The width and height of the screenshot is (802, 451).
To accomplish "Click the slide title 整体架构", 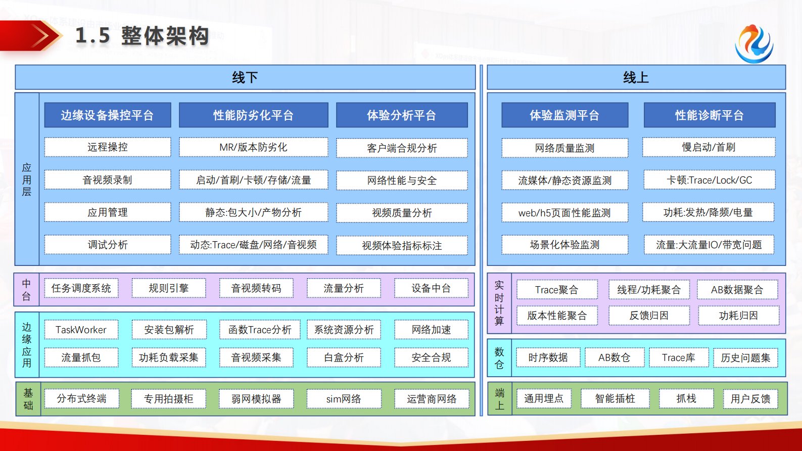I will click(142, 36).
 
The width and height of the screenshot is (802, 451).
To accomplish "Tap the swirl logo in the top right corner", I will click(753, 44).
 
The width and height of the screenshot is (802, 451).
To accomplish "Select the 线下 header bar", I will click(245, 77).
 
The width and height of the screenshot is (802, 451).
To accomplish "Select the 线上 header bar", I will click(636, 77).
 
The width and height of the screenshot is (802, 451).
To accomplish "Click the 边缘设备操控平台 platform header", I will click(108, 115).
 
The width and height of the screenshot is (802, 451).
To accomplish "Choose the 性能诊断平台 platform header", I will click(709, 115).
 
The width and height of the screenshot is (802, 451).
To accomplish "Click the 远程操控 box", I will click(108, 147).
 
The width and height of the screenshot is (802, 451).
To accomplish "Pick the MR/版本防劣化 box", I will click(253, 147).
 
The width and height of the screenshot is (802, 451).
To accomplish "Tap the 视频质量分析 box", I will click(402, 213).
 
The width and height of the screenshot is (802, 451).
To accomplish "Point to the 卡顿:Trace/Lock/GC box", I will click(709, 180).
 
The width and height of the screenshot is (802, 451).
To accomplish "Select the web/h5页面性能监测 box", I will click(564, 213).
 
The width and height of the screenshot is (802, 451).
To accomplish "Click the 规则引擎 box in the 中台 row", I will click(168, 288).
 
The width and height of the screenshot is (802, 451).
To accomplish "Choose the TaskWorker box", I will click(81, 330).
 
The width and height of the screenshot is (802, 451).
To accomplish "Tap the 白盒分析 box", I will click(344, 357).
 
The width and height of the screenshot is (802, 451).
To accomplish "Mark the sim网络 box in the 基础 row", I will click(344, 399).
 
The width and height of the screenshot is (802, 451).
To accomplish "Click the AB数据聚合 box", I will click(737, 290).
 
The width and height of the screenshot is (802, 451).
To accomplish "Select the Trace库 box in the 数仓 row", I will click(678, 357).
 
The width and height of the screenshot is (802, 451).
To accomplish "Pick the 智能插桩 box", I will click(615, 398).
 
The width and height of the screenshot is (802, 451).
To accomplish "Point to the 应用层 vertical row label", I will click(27, 179).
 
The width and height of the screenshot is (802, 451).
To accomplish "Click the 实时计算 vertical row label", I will click(499, 303).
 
